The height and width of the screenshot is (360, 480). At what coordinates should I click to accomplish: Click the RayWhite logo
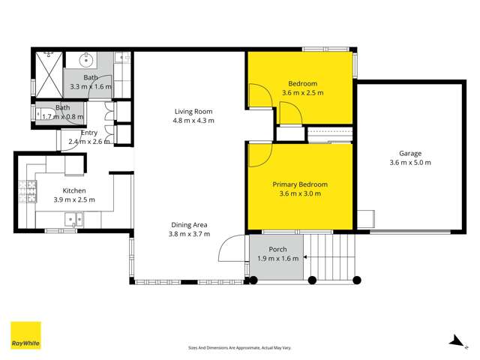(25, 335)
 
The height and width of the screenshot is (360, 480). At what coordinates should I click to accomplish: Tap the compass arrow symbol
(454, 341)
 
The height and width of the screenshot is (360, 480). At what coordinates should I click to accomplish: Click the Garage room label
(409, 152)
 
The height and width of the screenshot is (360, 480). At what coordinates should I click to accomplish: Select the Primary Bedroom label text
(299, 184)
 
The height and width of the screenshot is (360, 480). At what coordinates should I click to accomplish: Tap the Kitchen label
(73, 190)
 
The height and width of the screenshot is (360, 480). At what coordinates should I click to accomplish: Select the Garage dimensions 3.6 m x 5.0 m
(409, 163)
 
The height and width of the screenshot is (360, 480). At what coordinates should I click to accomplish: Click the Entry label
(89, 132)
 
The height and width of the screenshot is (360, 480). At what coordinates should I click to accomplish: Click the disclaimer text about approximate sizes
(239, 348)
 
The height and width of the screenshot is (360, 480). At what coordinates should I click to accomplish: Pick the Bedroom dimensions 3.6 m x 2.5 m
(302, 93)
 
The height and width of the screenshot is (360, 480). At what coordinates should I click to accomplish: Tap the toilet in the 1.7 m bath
(42, 113)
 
